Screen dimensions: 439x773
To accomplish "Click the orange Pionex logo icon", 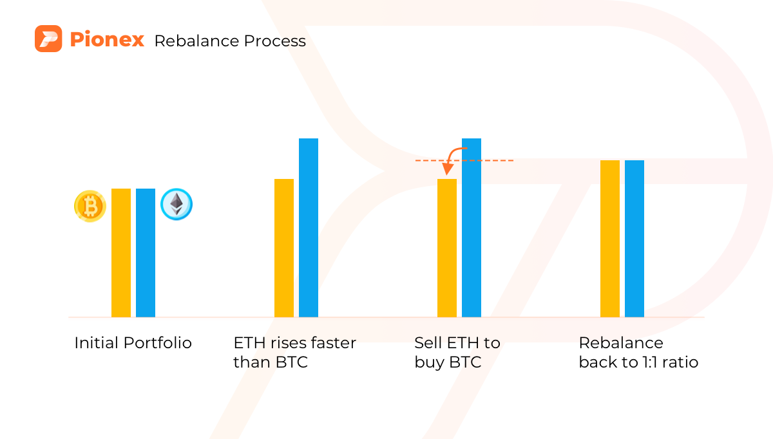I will [x=48, y=39].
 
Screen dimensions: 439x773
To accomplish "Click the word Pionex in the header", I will [x=107, y=40].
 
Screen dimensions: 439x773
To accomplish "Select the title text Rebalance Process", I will [x=230, y=41].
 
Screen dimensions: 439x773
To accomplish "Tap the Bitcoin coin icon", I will [x=90, y=206].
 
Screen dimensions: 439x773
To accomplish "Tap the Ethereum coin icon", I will [x=176, y=205].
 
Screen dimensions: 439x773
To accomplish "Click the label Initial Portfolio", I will [x=133, y=343].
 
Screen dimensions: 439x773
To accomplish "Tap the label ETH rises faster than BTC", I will [x=294, y=353].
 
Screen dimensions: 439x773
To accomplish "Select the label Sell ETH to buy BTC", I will [x=457, y=353].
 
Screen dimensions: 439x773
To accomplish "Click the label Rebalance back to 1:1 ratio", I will [x=638, y=353].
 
